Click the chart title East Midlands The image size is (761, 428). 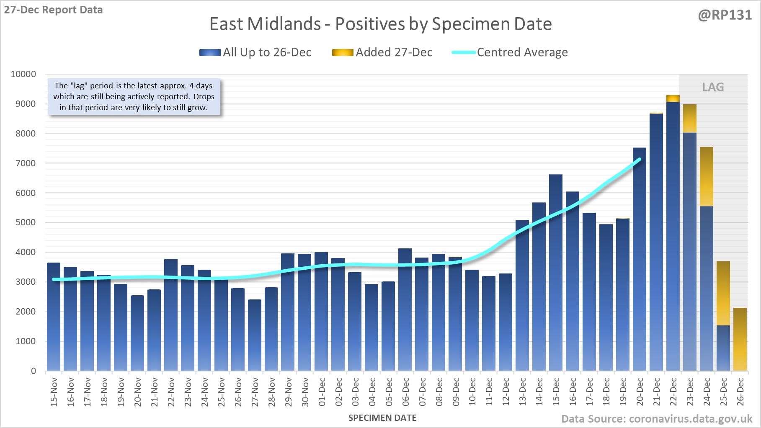[380, 24]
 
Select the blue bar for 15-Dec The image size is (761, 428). [556, 272]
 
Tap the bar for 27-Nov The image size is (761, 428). [255, 335]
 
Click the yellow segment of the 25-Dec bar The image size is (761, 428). [723, 293]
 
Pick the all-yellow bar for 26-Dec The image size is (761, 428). [740, 339]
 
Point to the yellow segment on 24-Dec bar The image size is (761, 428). [707, 176]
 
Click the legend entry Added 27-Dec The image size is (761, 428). [382, 52]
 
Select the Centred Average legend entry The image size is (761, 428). [510, 52]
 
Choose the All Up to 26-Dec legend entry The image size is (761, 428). [255, 52]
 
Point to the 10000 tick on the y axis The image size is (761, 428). [23, 74]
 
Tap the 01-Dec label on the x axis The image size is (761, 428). [322, 392]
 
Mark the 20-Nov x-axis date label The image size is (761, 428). [138, 392]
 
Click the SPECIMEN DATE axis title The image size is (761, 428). [382, 418]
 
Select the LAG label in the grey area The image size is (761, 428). [713, 87]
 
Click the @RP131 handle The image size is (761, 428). [725, 15]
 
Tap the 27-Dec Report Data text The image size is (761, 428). [53, 10]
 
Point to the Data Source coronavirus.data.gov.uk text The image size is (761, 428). [657, 419]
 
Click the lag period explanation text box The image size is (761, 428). [134, 97]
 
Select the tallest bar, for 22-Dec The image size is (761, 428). [673, 235]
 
